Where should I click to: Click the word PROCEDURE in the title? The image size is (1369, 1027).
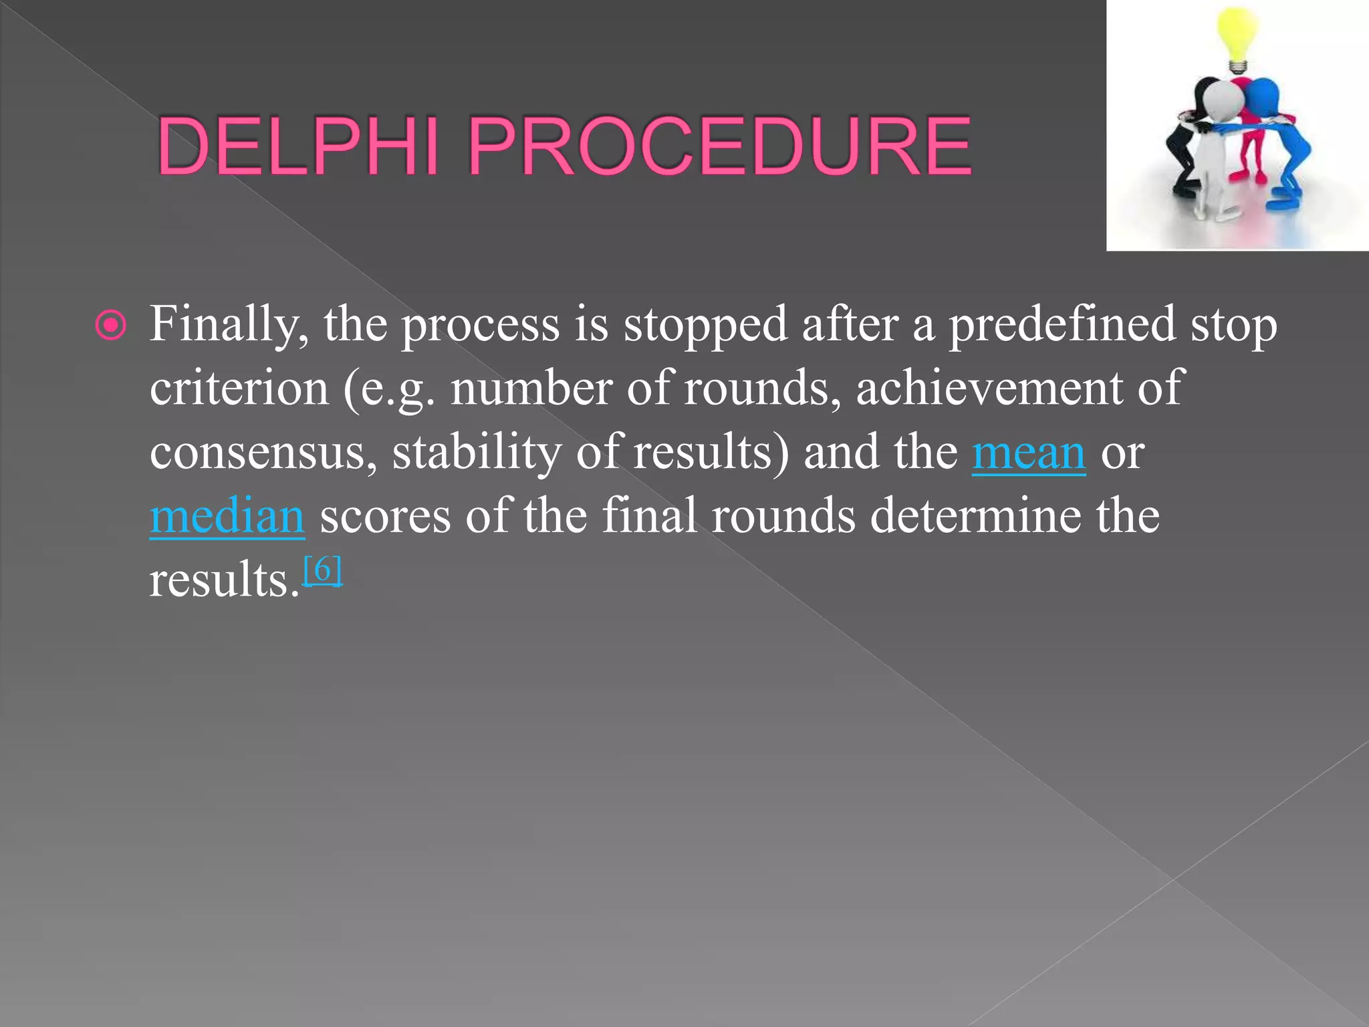pyautogui.click(x=719, y=146)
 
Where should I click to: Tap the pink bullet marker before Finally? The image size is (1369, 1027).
pyautogui.click(x=110, y=326)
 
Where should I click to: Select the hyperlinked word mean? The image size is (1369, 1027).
pyautogui.click(x=1028, y=453)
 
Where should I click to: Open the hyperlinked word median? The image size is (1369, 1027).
pyautogui.click(x=227, y=517)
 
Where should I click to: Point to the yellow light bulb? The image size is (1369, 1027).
pyautogui.click(x=1237, y=37)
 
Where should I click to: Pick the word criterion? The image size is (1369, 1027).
pyautogui.click(x=239, y=388)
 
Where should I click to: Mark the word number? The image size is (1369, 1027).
pyautogui.click(x=531, y=388)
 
